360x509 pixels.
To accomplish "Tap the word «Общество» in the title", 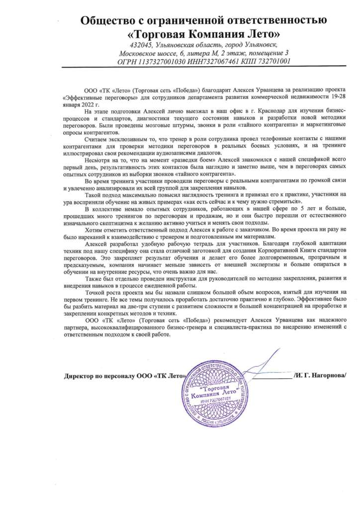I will click(108, 20).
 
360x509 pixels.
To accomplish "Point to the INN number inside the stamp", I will click(222, 398).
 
